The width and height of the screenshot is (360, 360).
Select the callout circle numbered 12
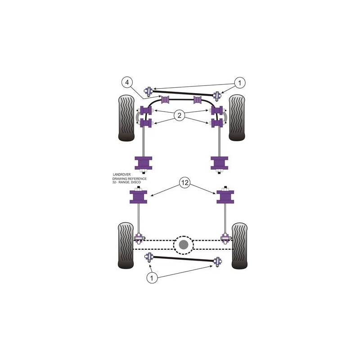point(185,183)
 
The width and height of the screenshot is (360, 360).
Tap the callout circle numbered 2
point(179,115)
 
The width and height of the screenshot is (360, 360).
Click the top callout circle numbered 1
point(240,83)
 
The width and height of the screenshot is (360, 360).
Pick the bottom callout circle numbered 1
point(152,278)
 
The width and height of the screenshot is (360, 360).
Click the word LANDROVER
point(121,175)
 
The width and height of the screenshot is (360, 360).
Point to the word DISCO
point(136,182)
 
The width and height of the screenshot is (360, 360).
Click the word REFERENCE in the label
point(138,178)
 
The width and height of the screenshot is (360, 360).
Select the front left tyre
point(126,118)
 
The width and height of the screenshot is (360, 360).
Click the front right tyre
point(237,117)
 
